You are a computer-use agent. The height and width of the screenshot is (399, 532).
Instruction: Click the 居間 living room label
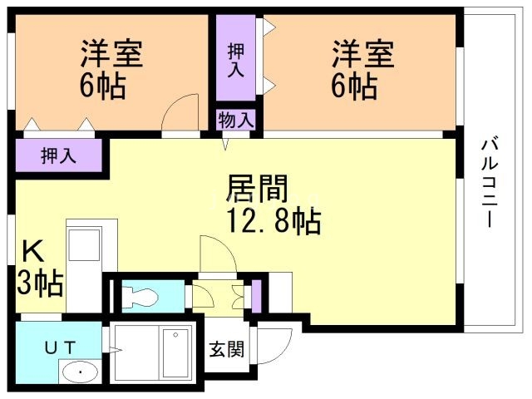click(x=258, y=189)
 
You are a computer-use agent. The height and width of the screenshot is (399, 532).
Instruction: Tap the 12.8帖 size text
click(x=274, y=222)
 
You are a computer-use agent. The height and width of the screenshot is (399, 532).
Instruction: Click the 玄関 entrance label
click(x=227, y=349)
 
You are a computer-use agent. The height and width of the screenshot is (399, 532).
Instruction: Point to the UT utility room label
click(x=61, y=347)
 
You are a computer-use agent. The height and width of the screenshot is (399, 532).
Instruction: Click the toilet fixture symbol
click(x=140, y=298)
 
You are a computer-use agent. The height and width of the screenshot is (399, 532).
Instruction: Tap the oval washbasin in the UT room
click(x=81, y=372)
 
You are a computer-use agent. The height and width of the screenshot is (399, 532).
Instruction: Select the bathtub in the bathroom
click(x=175, y=352)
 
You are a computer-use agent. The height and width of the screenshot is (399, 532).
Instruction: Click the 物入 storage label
click(x=236, y=120)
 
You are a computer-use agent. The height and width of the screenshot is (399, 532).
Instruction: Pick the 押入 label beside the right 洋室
click(x=236, y=61)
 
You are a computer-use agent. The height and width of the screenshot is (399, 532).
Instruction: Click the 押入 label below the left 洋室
click(x=58, y=156)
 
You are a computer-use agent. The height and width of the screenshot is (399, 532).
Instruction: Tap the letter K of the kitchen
click(x=33, y=251)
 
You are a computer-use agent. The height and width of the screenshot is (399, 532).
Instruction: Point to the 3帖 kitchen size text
click(x=40, y=283)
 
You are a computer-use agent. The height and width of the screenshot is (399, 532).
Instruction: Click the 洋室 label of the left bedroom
click(x=111, y=53)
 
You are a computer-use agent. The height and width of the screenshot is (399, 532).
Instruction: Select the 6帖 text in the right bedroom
click(x=354, y=86)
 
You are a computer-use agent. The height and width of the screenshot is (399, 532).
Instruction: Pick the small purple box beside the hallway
click(x=257, y=297)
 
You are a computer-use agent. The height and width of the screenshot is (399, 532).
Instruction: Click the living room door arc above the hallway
click(x=225, y=248)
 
